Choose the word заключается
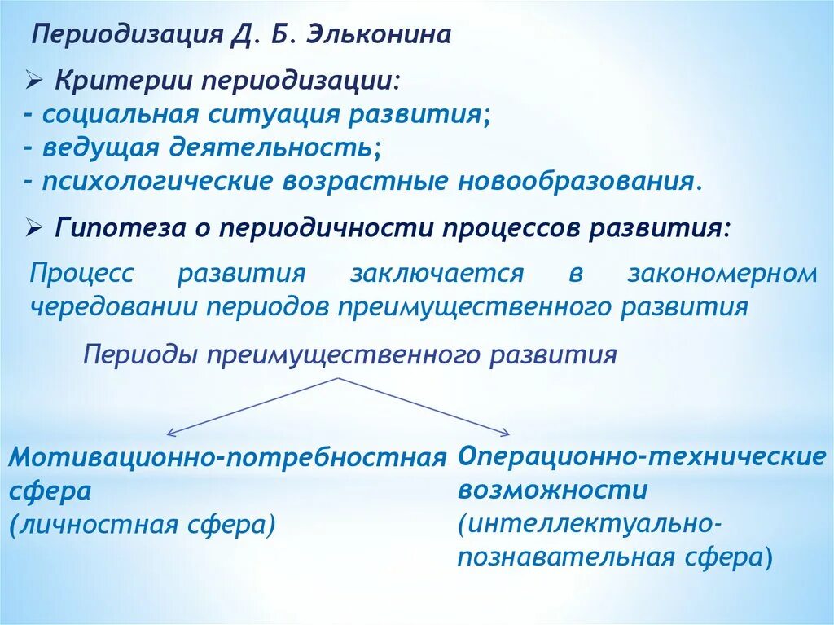(437, 273)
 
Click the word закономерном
(722, 273)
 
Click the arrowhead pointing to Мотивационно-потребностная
(169, 433)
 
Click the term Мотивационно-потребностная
(228, 458)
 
